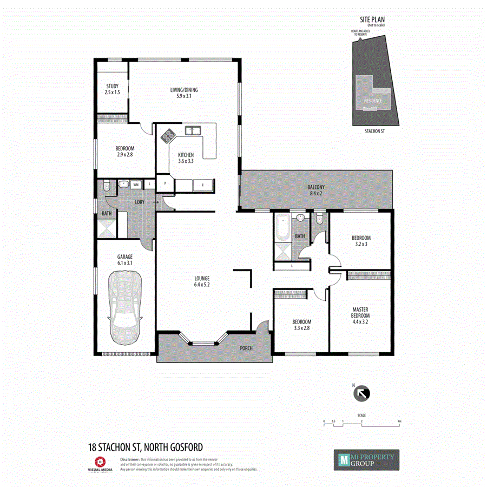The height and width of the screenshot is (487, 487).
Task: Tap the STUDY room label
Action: (112, 89)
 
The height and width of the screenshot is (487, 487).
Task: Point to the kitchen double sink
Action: (192, 130)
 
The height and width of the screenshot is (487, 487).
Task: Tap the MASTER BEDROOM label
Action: (360, 315)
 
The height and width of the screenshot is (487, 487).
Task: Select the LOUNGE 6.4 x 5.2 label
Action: (202, 282)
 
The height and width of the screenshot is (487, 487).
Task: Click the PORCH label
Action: (246, 348)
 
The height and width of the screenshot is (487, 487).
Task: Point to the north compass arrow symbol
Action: (361, 394)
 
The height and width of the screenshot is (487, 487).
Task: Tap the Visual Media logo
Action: (99, 463)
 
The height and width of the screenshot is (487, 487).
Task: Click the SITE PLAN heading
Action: (372, 20)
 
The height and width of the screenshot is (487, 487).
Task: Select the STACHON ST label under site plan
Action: (374, 131)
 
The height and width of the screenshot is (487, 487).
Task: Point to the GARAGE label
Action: (125, 260)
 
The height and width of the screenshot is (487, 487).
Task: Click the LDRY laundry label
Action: (139, 202)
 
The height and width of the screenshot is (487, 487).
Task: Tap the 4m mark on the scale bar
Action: (399, 420)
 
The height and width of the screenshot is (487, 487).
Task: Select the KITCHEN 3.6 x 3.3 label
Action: (186, 158)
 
